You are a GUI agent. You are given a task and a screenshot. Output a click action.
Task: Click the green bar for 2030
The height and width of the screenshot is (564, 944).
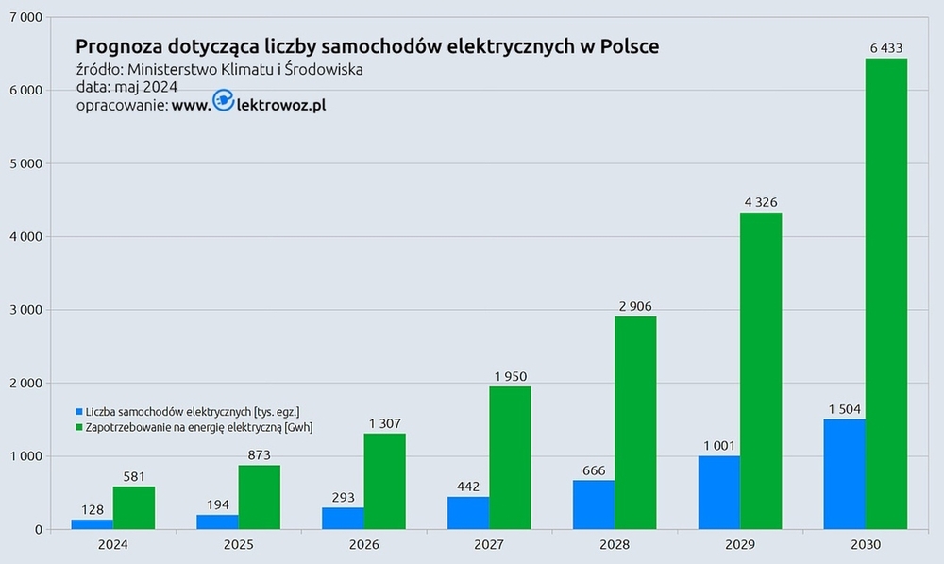pyautogui.click(x=885, y=294)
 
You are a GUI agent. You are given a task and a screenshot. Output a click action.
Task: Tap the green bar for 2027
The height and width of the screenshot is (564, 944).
pyautogui.click(x=510, y=458)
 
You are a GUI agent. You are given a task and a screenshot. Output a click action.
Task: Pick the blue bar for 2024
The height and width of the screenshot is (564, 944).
pyautogui.click(x=92, y=524)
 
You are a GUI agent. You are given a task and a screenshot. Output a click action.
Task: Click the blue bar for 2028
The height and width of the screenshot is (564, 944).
pyautogui.click(x=594, y=504)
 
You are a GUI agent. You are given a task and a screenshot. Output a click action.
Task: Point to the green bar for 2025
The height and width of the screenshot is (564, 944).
pyautogui.click(x=259, y=497)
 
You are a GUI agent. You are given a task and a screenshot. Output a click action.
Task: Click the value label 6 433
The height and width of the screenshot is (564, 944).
pyautogui.click(x=885, y=46)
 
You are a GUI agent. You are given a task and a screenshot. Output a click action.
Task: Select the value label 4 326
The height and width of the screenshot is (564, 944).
pyautogui.click(x=760, y=201)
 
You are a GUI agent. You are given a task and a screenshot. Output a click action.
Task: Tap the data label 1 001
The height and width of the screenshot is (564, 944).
pyautogui.click(x=718, y=445)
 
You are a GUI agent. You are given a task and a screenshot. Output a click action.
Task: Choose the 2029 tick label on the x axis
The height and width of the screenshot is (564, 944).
pyautogui.click(x=739, y=545)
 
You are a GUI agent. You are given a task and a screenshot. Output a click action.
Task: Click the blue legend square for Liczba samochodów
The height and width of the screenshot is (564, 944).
pyautogui.click(x=79, y=412)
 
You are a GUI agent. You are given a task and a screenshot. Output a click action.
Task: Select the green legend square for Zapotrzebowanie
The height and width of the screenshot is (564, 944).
pyautogui.click(x=79, y=427)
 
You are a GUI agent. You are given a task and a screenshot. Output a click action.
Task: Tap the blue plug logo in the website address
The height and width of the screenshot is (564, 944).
pyautogui.click(x=224, y=102)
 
